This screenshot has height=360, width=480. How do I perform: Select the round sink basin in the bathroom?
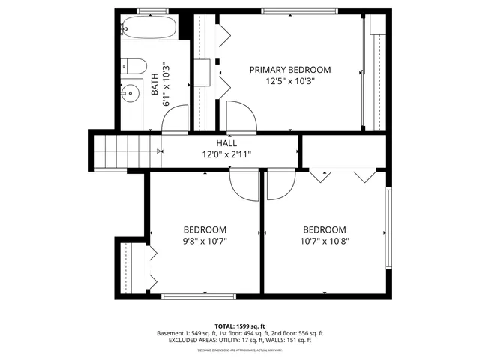pyautogui.click(x=130, y=94)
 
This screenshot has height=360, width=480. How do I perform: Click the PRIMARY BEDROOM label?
pyautogui.click(x=289, y=70)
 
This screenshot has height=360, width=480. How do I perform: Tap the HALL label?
pyautogui.click(x=226, y=143)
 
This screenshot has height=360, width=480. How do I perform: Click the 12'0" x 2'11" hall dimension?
pyautogui.click(x=226, y=154)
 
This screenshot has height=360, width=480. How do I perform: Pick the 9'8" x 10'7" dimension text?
pyautogui.click(x=205, y=241)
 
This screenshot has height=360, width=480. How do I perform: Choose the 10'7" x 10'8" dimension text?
pyautogui.click(x=325, y=241)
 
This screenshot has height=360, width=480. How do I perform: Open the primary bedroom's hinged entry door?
pyautogui.click(x=241, y=116)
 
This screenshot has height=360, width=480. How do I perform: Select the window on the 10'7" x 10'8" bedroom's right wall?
pyautogui.click(x=388, y=228)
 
